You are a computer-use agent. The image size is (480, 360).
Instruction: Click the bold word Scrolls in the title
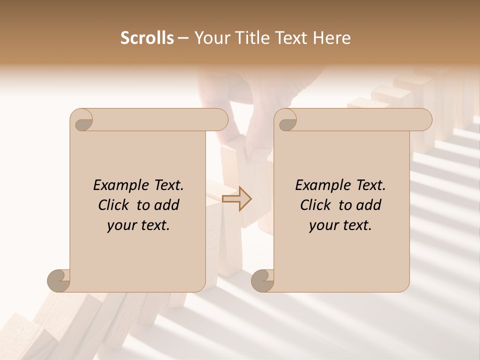click(147, 38)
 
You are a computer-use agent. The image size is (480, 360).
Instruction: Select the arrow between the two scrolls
click(237, 199)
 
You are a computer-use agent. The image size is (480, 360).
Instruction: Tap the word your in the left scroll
click(121, 225)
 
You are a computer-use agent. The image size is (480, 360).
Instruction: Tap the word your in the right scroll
click(323, 225)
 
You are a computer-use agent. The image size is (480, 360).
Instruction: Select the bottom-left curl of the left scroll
click(59, 280)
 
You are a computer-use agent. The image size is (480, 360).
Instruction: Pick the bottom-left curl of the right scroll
click(263, 280)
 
